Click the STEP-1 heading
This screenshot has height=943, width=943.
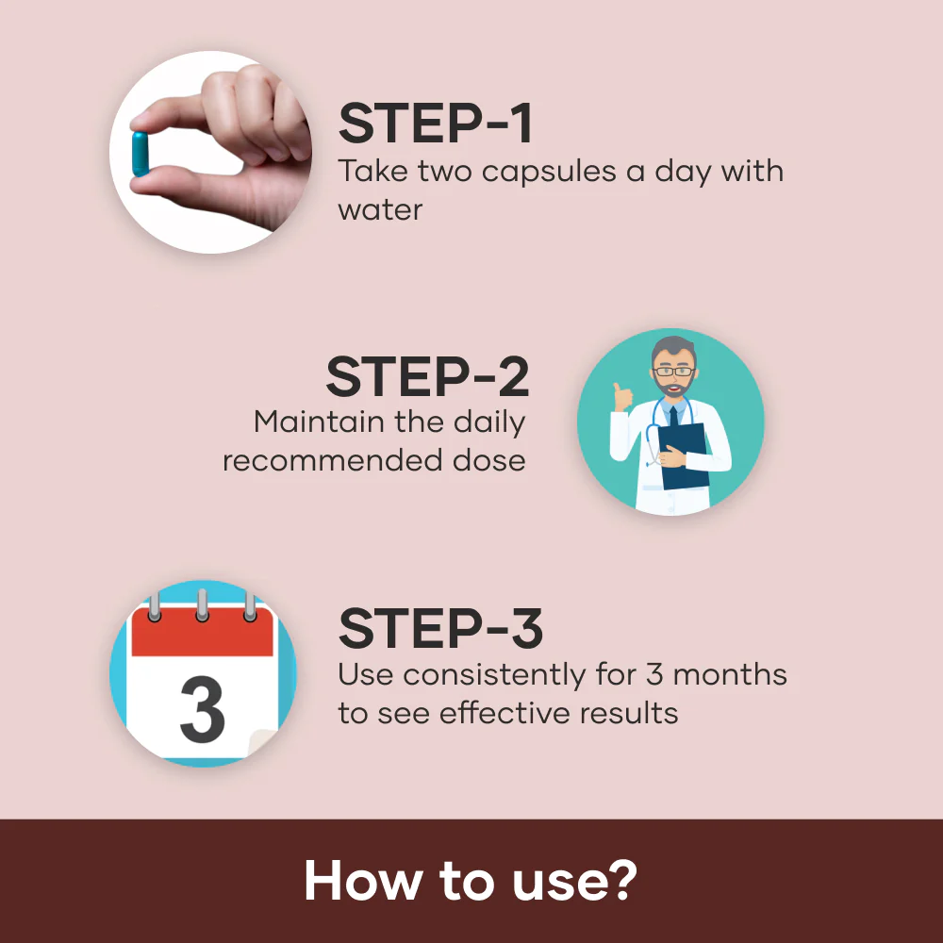click(x=436, y=124)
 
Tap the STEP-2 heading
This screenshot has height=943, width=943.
click(x=427, y=375)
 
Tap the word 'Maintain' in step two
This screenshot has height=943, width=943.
click(x=319, y=422)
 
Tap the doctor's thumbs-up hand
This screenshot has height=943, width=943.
click(x=620, y=396)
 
